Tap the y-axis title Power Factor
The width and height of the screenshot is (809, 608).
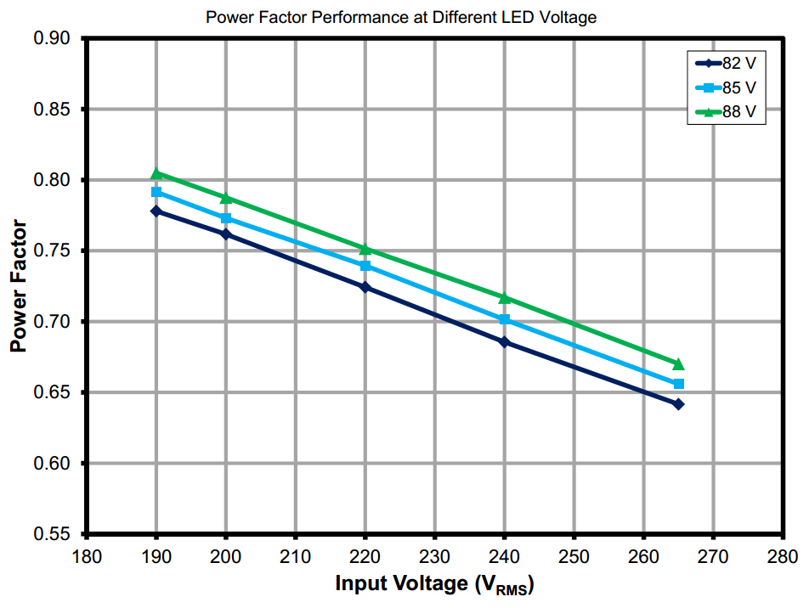[18, 287]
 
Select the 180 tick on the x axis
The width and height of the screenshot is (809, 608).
[87, 557]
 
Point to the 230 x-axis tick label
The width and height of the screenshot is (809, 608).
[434, 557]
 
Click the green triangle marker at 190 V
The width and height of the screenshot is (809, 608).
[156, 174]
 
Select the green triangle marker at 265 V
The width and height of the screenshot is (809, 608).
[678, 364]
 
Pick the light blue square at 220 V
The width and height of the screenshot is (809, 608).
[365, 266]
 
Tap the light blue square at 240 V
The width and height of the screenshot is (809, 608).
[505, 319]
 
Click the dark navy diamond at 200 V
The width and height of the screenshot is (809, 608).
[226, 234]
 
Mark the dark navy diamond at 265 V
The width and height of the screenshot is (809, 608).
[678, 404]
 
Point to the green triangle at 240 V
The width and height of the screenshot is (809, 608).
[505, 298]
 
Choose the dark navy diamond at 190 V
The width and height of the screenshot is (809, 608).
[156, 211]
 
